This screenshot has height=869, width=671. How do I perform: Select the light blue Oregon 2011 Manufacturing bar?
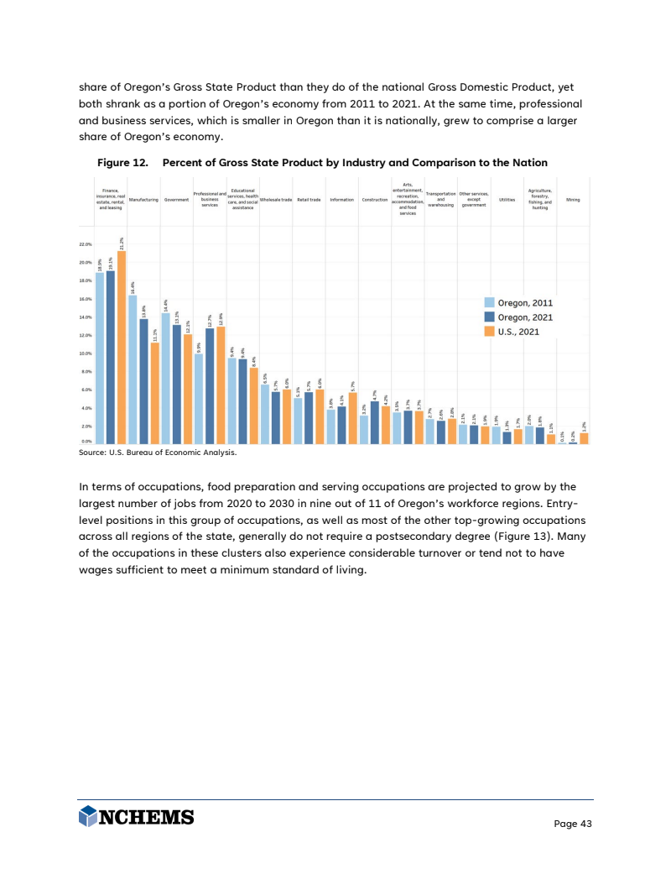pos(133,369)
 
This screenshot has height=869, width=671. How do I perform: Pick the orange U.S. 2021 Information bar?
pos(353,418)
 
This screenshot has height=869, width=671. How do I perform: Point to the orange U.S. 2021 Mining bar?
pos(584,438)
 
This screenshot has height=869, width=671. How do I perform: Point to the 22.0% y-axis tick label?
pos(86,245)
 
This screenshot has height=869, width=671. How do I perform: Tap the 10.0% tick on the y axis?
pos(86,353)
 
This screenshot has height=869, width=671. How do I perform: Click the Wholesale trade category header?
pos(276,200)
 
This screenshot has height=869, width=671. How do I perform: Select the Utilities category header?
pos(507,200)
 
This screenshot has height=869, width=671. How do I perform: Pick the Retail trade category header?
pos(309,200)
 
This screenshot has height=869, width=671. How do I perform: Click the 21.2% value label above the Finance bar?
pos(122,244)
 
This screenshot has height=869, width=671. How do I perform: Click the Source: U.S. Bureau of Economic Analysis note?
pos(159,453)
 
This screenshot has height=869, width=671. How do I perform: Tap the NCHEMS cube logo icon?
pos(88,817)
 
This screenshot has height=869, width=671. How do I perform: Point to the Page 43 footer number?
pos(573,824)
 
